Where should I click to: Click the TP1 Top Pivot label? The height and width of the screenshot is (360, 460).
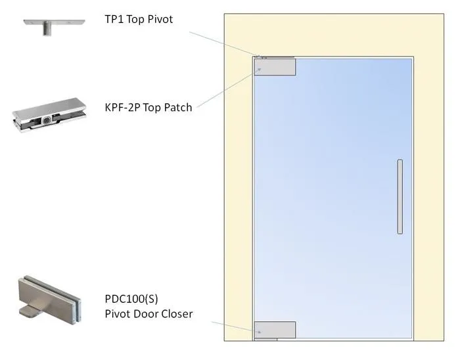click(x=139, y=19)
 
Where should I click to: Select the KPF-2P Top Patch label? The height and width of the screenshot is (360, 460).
click(x=149, y=107)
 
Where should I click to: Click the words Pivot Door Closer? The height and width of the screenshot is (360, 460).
click(x=149, y=313)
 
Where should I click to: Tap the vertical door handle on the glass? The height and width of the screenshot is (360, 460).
click(x=400, y=196)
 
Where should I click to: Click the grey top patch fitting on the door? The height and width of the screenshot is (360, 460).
click(x=275, y=67)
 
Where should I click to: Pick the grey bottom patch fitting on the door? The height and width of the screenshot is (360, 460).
click(x=275, y=330)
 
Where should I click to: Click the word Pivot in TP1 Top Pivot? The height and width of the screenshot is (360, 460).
click(x=160, y=19)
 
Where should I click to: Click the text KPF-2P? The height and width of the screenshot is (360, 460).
click(x=122, y=107)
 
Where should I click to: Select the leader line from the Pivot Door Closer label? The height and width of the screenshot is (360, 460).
click(x=233, y=326)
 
